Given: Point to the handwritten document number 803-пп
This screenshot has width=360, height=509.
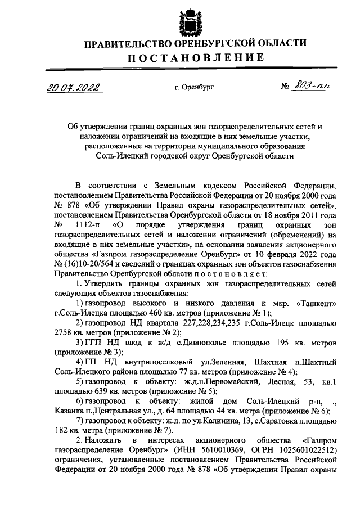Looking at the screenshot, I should point(314,87).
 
